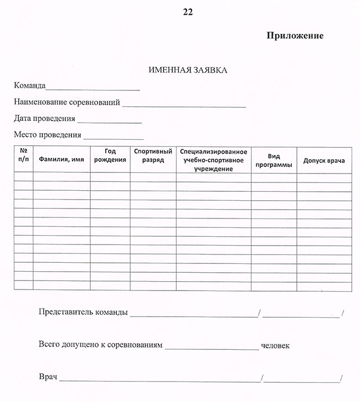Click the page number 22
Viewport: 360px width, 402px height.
click(188, 11)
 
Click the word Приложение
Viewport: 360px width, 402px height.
click(295, 35)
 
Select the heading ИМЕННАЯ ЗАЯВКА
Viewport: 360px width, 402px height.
click(188, 70)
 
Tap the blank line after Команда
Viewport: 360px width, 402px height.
click(93, 89)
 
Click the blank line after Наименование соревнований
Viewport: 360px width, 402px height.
click(184, 105)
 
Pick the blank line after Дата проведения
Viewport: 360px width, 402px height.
click(110, 121)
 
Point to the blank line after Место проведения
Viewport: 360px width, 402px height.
click(113, 137)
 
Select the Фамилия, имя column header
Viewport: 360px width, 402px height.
click(61, 159)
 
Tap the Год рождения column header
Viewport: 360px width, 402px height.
click(110, 156)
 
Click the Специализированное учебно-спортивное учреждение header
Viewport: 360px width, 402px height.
click(214, 160)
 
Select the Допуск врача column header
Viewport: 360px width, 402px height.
click(324, 161)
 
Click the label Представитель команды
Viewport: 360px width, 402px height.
click(83, 312)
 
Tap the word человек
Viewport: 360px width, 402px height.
click(275, 346)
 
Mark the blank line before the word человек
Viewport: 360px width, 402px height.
click(212, 349)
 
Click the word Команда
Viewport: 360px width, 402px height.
click(30, 86)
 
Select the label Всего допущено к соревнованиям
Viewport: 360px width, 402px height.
click(101, 345)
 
